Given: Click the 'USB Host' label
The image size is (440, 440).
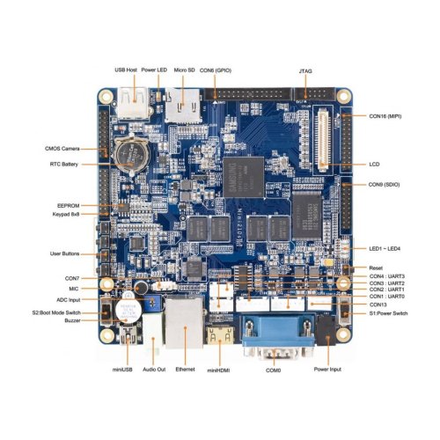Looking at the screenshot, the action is click(126, 70).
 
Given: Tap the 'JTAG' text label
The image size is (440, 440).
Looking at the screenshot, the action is click(305, 71).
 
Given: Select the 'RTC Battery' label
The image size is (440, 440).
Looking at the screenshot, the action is click(64, 165).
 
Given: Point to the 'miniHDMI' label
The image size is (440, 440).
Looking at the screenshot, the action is click(218, 370).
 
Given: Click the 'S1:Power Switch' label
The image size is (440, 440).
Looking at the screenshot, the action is click(388, 313).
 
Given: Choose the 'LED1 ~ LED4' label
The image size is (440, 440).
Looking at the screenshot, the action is click(385, 249).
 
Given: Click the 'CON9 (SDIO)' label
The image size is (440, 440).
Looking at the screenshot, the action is click(384, 185).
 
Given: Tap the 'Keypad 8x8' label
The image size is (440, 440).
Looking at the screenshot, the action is click(66, 214).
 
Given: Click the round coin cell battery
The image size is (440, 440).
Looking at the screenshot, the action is click(131, 155).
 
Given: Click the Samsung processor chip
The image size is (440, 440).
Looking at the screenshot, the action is click(244, 177).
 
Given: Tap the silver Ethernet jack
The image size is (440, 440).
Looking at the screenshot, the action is click(184, 323).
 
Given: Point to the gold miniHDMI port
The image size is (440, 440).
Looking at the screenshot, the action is click(221, 336).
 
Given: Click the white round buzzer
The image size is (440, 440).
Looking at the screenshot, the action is click(128, 312).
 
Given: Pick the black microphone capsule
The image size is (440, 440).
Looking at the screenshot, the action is click(141, 288).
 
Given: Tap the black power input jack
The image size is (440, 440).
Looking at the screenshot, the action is click(327, 330).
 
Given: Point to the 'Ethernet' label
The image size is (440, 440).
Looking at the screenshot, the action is click(185, 370).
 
